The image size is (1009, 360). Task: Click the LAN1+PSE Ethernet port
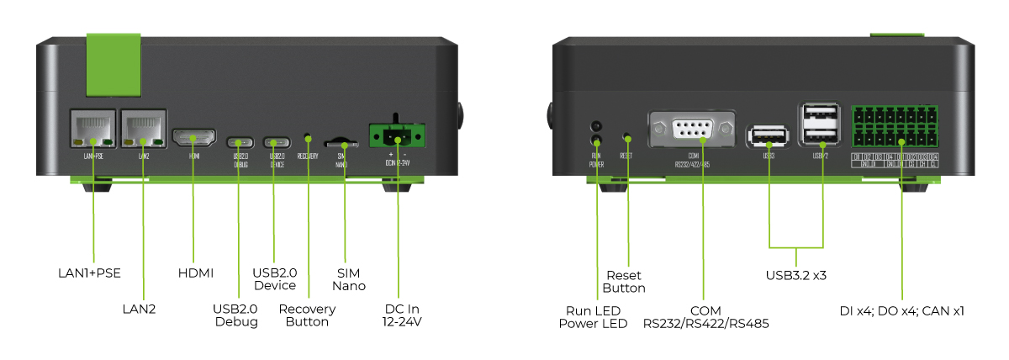pyautogui.click(x=92, y=128)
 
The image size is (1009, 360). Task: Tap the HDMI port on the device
pyautogui.click(x=194, y=137)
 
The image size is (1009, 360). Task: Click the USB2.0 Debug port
pyautogui.click(x=240, y=142)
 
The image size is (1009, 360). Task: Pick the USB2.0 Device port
pyautogui.click(x=277, y=142)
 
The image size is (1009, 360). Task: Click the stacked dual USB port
pyautogui.click(x=821, y=126)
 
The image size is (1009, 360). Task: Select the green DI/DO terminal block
pyautogui.click(x=896, y=128)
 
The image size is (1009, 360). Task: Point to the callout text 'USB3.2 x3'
pyautogui.click(x=795, y=275)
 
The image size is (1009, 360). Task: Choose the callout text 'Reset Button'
pyautogui.click(x=624, y=282)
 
